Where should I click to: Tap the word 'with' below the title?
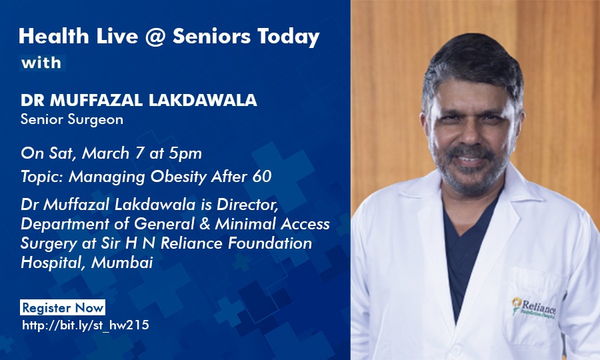(x=41, y=63)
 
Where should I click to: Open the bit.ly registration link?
(x=85, y=326)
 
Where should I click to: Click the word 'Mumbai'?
(x=122, y=263)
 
